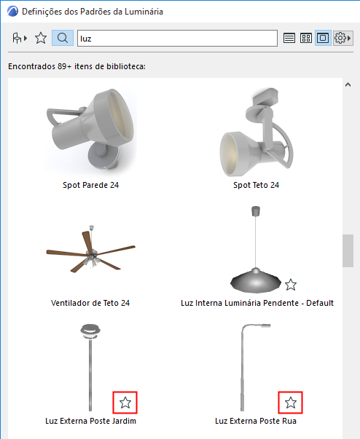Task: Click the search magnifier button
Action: [x=63, y=38]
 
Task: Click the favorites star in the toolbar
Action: [x=41, y=38]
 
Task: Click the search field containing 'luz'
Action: [x=177, y=38]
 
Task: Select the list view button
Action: [x=289, y=38]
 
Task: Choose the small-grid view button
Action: [x=306, y=38]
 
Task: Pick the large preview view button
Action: [x=323, y=38]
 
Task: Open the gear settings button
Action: [x=343, y=38]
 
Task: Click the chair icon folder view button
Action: [x=20, y=38]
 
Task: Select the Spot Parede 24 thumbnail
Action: [x=90, y=129]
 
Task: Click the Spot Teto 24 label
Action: [x=256, y=185]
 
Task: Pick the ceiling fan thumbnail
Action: [x=91, y=249]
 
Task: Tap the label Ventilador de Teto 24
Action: [x=90, y=303]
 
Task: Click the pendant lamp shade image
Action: [x=256, y=280]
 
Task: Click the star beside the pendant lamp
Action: [x=291, y=285]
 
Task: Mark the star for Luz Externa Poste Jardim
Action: [x=125, y=403]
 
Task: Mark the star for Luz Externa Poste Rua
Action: [x=291, y=403]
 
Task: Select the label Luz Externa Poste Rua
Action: [x=256, y=421]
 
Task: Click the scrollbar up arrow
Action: [x=348, y=84]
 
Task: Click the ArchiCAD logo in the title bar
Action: [x=12, y=12]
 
